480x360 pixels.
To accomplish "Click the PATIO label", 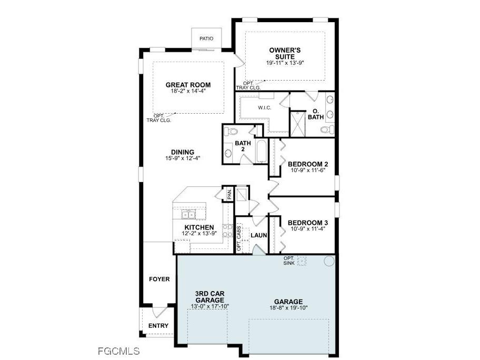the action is click(x=206, y=38).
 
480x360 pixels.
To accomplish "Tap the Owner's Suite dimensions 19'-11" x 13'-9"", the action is click(x=285, y=63).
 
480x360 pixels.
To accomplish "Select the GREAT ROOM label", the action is click(x=188, y=85).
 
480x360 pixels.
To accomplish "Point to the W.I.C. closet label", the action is click(x=265, y=108).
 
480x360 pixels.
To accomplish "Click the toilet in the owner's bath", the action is click(x=327, y=129).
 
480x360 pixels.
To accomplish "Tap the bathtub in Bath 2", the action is click(x=262, y=151).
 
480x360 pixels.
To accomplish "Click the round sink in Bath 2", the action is click(x=228, y=153).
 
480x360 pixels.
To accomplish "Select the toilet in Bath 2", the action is click(x=231, y=132).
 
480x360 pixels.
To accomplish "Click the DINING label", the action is click(x=183, y=152).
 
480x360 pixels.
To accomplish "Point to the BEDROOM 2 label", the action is click(x=308, y=164).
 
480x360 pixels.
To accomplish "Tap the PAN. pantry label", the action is click(x=229, y=194).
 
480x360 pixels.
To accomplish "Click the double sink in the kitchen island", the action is click(x=188, y=215).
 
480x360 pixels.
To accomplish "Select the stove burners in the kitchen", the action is click(x=227, y=231).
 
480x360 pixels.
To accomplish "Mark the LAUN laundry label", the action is click(x=259, y=235).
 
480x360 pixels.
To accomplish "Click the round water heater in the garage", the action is click(x=329, y=261).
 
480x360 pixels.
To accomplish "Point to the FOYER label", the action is click(x=159, y=279).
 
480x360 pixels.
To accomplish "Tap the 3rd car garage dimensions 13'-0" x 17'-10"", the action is click(x=210, y=306).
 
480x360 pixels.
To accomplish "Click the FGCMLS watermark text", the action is click(x=119, y=351).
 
